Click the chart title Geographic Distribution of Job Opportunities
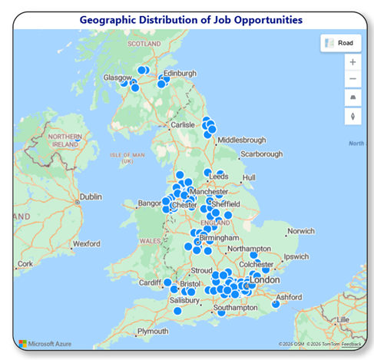click(x=190, y=19)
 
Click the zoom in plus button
click(x=352, y=61)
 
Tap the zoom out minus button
click(x=352, y=79)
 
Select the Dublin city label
click(x=90, y=197)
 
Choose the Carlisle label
click(x=183, y=124)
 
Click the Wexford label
click(x=85, y=244)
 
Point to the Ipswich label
click(x=296, y=256)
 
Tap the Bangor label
click(x=149, y=203)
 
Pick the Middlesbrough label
click(x=241, y=140)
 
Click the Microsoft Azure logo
click(x=46, y=343)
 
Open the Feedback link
click(x=352, y=345)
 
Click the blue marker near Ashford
click(x=274, y=305)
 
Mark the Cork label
click(x=25, y=263)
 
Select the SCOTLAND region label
click(x=144, y=44)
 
